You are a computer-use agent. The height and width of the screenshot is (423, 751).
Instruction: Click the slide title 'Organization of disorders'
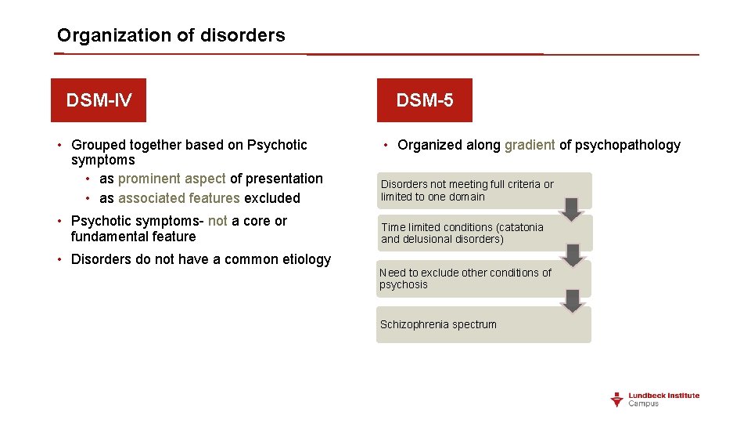171,35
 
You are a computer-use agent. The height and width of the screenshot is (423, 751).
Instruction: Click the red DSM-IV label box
99,100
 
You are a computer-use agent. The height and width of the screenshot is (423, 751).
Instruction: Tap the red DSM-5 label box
424,100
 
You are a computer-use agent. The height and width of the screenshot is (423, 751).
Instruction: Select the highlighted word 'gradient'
530,145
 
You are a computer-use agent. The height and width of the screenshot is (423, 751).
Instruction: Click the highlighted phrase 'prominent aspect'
171,179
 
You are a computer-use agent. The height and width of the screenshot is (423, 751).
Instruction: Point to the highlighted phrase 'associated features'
178,198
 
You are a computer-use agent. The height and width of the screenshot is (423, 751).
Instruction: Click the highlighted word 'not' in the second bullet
217,221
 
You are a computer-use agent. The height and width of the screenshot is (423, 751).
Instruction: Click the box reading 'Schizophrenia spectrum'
483,324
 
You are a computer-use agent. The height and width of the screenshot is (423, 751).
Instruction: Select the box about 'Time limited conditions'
483,233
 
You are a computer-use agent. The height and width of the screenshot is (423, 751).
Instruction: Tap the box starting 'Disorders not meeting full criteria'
483,190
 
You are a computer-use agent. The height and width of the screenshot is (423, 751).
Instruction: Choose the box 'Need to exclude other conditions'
483,278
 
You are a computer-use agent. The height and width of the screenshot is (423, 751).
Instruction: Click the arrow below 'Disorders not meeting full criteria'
573,209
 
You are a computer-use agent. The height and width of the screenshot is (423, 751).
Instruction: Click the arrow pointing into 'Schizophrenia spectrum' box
573,301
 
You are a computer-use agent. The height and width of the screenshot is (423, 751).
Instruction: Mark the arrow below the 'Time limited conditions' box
573,255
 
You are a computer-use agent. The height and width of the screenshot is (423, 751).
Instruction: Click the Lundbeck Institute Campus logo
655,399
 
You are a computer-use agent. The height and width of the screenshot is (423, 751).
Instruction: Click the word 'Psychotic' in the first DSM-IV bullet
277,145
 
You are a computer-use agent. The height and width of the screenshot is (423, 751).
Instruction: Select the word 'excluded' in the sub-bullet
272,198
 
